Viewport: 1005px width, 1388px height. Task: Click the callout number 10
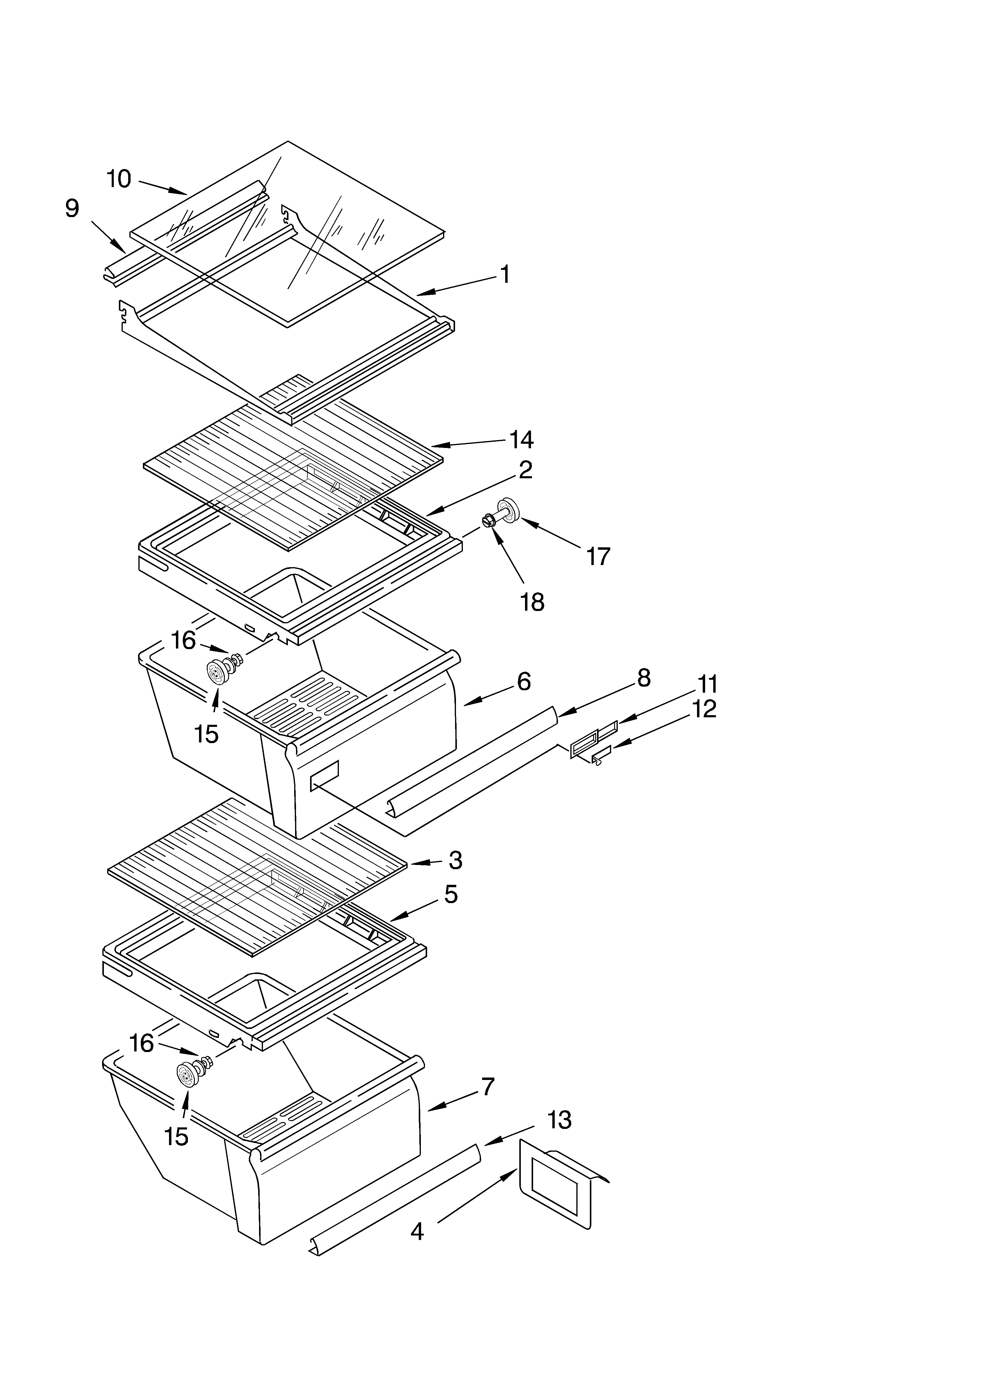tap(119, 179)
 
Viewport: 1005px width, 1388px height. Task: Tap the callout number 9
tap(72, 209)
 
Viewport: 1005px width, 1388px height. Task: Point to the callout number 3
tap(455, 860)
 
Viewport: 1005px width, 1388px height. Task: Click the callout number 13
tap(559, 1120)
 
